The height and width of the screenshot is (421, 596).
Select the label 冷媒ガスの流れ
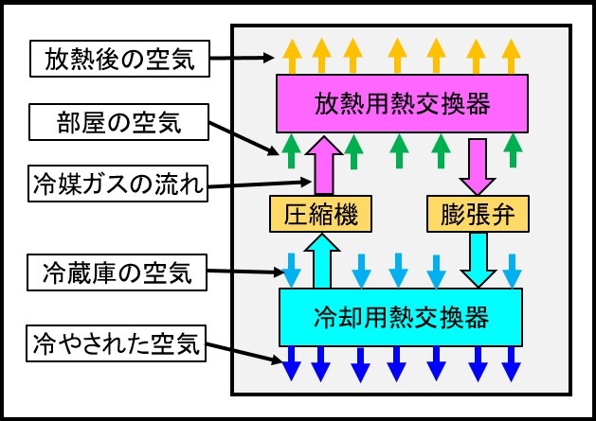pyautogui.click(x=117, y=185)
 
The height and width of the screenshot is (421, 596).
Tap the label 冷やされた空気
pyautogui.click(x=119, y=343)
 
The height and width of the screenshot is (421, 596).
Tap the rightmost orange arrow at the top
pyautogui.click(x=512, y=54)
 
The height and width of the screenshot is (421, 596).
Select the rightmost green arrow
pyautogui.click(x=513, y=148)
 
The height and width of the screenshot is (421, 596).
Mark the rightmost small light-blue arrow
pyautogui.click(x=513, y=271)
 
